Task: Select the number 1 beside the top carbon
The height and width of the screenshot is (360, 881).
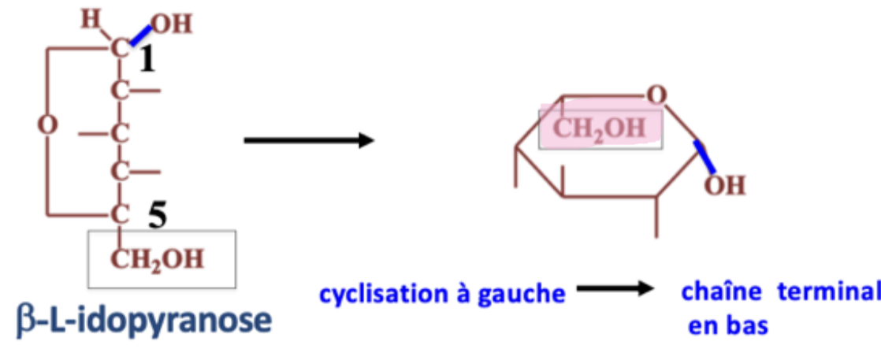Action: pyautogui.click(x=147, y=61)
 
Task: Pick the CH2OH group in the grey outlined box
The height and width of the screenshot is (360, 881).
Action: pyautogui.click(x=157, y=259)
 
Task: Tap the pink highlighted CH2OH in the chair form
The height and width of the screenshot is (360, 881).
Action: pyautogui.click(x=599, y=128)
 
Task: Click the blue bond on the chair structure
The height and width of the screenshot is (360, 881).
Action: pyautogui.click(x=704, y=157)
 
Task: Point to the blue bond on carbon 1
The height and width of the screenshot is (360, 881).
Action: pyautogui.click(x=140, y=35)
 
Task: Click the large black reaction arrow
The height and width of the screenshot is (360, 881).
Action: pyautogui.click(x=308, y=141)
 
